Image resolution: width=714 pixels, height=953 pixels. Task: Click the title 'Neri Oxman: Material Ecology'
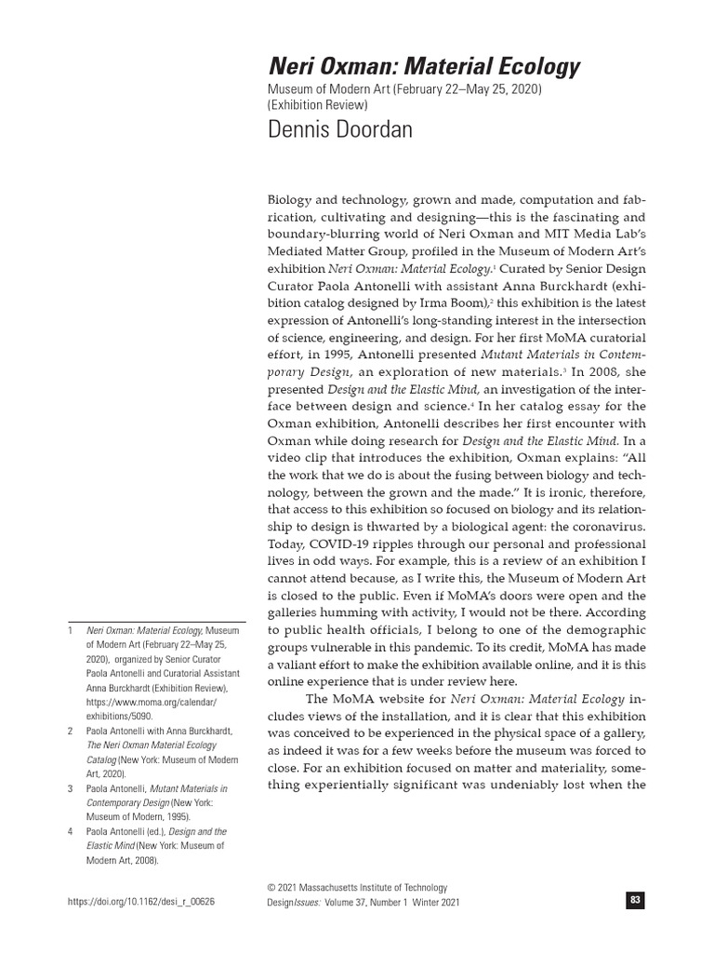[x=424, y=67]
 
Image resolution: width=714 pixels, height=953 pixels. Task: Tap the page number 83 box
[x=636, y=900]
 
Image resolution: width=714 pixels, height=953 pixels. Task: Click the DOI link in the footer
[x=142, y=903]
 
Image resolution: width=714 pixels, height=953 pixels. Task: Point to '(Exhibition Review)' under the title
[x=318, y=105]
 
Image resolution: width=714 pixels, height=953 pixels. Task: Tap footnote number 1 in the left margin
[x=70, y=629]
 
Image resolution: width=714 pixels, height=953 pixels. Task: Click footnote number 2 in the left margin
[x=70, y=732]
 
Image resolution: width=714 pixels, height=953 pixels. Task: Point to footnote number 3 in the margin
[x=70, y=788]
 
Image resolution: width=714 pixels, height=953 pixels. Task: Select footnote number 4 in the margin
[x=70, y=831]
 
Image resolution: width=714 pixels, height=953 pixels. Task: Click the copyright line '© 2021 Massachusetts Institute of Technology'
[x=357, y=888]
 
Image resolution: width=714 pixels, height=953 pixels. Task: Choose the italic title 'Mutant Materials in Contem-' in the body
[x=563, y=355]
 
